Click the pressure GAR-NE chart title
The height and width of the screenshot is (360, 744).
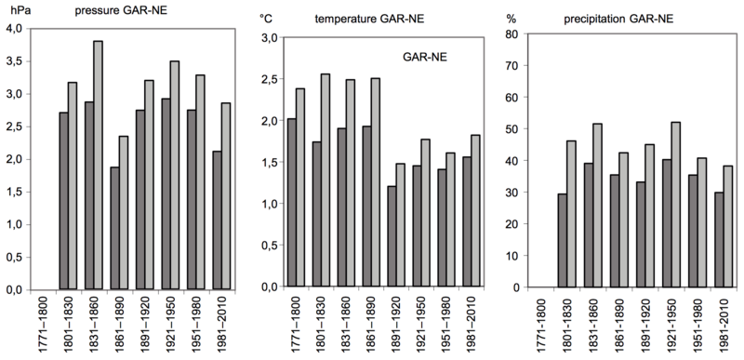(x=121, y=10)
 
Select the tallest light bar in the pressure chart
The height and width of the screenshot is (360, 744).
(x=99, y=165)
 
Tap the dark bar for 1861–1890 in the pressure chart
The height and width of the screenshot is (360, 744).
(x=114, y=228)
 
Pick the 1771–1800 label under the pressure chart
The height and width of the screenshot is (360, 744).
(x=44, y=325)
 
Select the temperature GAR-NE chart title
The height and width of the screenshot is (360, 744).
(x=369, y=20)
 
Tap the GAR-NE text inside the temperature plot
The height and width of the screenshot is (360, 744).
(x=425, y=58)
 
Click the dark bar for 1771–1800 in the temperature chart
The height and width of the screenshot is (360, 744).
(x=292, y=202)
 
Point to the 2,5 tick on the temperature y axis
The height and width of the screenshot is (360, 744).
(x=269, y=78)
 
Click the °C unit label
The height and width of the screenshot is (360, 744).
(x=265, y=19)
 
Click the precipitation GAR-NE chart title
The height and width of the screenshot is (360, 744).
(x=618, y=20)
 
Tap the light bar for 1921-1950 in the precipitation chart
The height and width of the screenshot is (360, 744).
(x=673, y=205)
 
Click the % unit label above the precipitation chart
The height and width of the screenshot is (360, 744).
(x=511, y=19)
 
